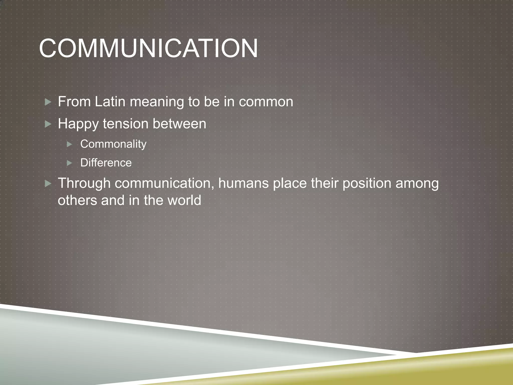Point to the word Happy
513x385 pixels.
point(78,124)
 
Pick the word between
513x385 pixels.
point(179,124)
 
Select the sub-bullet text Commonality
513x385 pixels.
point(113,144)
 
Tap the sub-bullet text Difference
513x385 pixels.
point(106,163)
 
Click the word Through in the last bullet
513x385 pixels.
point(84,183)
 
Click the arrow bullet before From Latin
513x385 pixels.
point(48,102)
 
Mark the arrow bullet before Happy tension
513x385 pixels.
point(48,124)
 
